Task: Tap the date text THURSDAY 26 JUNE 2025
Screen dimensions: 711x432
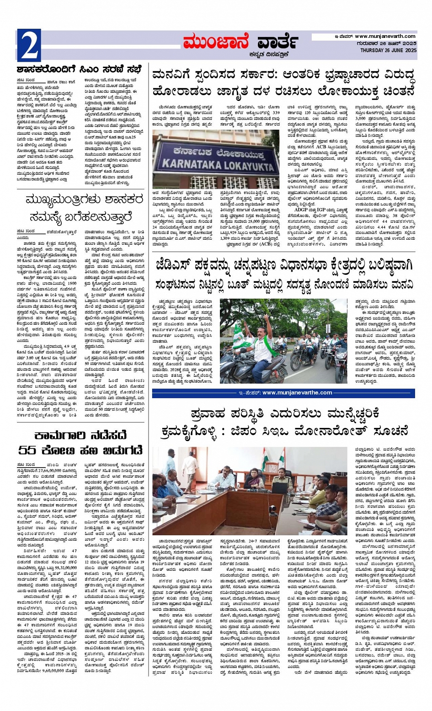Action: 388,50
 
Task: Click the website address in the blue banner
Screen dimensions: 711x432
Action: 297,392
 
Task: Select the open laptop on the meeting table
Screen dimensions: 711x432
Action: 280,487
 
